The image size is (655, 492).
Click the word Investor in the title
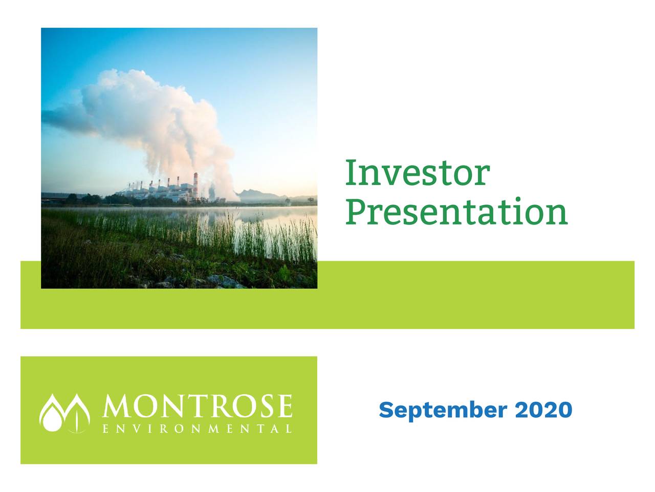tap(417, 173)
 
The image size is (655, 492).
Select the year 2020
tap(543, 410)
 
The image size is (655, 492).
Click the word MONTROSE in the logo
tap(198, 407)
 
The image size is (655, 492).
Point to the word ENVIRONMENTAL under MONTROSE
tap(198, 428)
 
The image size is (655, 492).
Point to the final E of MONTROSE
tap(284, 407)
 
